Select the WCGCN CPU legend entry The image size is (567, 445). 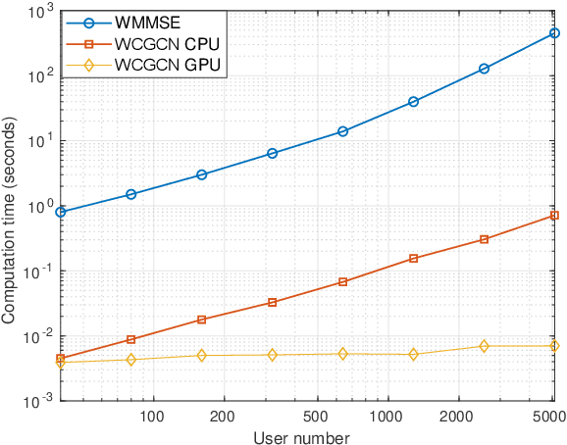pos(157,43)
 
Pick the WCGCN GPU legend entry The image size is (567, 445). pos(157,66)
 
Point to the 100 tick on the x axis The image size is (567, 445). pos(152,416)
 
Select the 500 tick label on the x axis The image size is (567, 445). pos(316,416)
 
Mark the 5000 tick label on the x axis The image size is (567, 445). pos(551,416)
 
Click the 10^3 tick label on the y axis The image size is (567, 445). pos(39,12)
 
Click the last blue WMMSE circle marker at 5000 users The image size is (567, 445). pos(554,33)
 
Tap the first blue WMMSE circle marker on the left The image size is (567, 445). pos(61,212)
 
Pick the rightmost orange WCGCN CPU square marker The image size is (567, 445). pos(554,215)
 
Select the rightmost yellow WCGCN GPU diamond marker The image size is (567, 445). pos(554,346)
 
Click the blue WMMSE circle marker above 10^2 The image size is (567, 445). pos(484,69)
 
